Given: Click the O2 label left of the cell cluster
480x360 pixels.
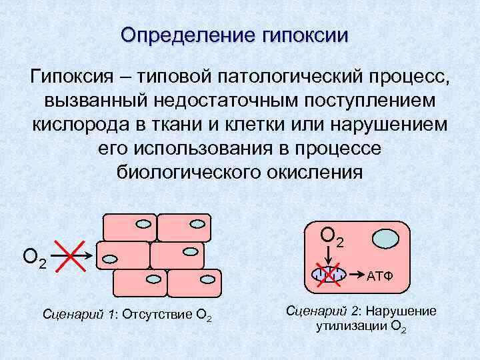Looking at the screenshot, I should [x=34, y=257].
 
